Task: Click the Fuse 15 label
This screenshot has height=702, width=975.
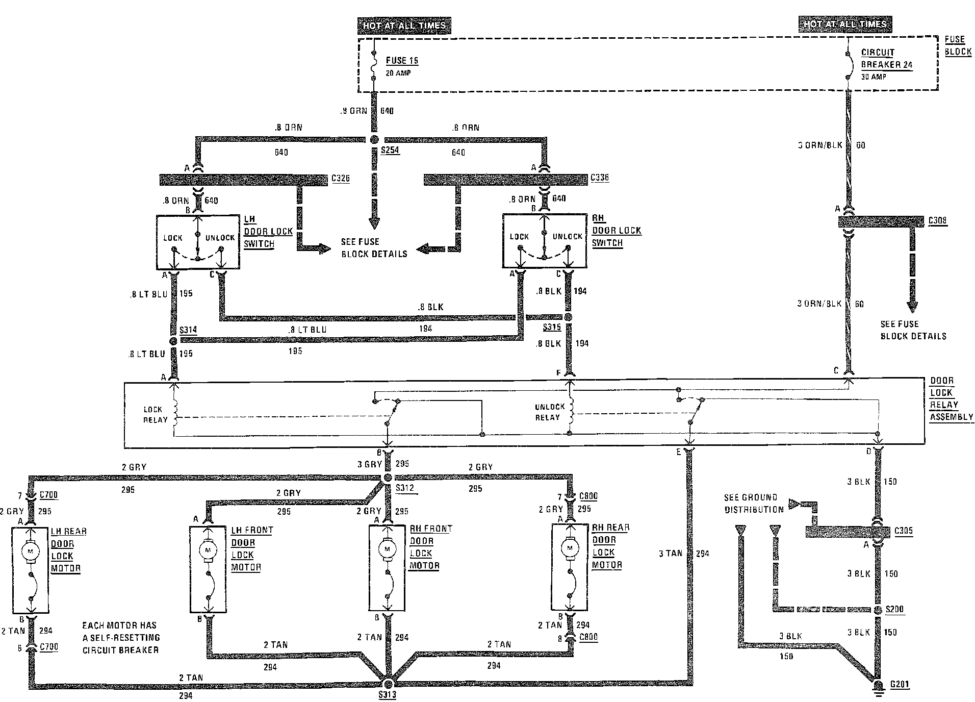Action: click(x=402, y=61)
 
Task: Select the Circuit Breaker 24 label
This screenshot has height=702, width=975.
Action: click(x=886, y=59)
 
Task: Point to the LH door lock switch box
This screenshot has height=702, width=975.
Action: click(x=197, y=242)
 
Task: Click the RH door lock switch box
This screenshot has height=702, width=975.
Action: click(x=544, y=240)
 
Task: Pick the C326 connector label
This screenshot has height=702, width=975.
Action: click(x=340, y=179)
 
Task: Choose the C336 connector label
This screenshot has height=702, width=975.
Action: click(x=600, y=178)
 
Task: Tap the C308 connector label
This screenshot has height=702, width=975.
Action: click(x=938, y=221)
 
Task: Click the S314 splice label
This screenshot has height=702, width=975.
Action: click(x=188, y=330)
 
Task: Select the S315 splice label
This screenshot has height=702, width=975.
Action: click(x=552, y=327)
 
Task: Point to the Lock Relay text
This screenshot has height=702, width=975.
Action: click(x=155, y=414)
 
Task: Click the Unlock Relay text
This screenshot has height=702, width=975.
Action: click(x=549, y=412)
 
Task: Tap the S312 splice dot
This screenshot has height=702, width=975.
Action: click(x=387, y=478)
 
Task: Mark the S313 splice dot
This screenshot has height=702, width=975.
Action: click(x=389, y=684)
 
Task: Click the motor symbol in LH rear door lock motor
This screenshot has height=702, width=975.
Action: click(x=30, y=550)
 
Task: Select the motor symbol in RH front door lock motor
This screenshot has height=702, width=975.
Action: click(x=387, y=549)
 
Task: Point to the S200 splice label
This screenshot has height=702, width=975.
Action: click(x=894, y=609)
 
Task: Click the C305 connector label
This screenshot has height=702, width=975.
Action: click(x=904, y=531)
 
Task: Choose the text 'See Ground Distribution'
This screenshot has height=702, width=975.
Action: click(x=754, y=503)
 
